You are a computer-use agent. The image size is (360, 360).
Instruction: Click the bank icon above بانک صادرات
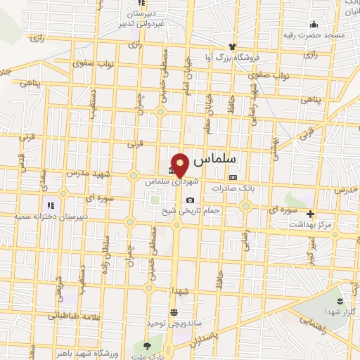(x=233, y=177)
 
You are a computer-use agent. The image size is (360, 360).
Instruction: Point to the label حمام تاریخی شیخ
(x=192, y=210)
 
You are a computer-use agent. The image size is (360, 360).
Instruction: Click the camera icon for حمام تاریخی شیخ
(x=190, y=200)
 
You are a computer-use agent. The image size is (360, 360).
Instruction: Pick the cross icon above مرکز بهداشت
(x=310, y=214)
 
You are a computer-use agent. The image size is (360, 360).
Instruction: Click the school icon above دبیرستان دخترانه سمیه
(x=51, y=205)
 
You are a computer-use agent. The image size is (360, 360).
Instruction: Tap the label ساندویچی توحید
(x=174, y=322)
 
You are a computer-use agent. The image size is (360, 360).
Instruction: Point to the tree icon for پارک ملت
(x=146, y=346)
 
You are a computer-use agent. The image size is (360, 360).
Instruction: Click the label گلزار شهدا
(x=342, y=310)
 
